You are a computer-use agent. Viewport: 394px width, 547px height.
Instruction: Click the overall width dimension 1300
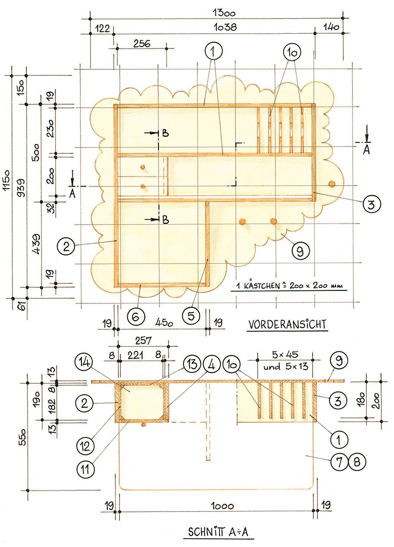click(224, 12)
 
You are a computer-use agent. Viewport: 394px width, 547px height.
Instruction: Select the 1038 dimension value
click(225, 27)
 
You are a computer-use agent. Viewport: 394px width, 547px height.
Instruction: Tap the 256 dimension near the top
click(142, 44)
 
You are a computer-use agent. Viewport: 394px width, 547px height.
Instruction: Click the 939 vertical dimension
click(22, 187)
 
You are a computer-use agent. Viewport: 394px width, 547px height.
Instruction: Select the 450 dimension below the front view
click(164, 323)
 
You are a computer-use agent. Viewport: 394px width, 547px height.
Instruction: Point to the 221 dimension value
click(136, 355)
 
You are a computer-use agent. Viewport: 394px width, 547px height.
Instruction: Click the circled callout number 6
click(136, 317)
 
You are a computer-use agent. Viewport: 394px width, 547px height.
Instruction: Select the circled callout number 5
click(191, 316)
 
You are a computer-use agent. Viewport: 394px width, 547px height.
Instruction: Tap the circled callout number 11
click(85, 469)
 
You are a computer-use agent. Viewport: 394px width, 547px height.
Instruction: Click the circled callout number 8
click(357, 462)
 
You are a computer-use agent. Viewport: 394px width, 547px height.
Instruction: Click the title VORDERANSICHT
click(287, 325)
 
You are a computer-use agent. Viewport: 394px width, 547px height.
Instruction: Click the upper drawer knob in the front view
click(142, 167)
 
